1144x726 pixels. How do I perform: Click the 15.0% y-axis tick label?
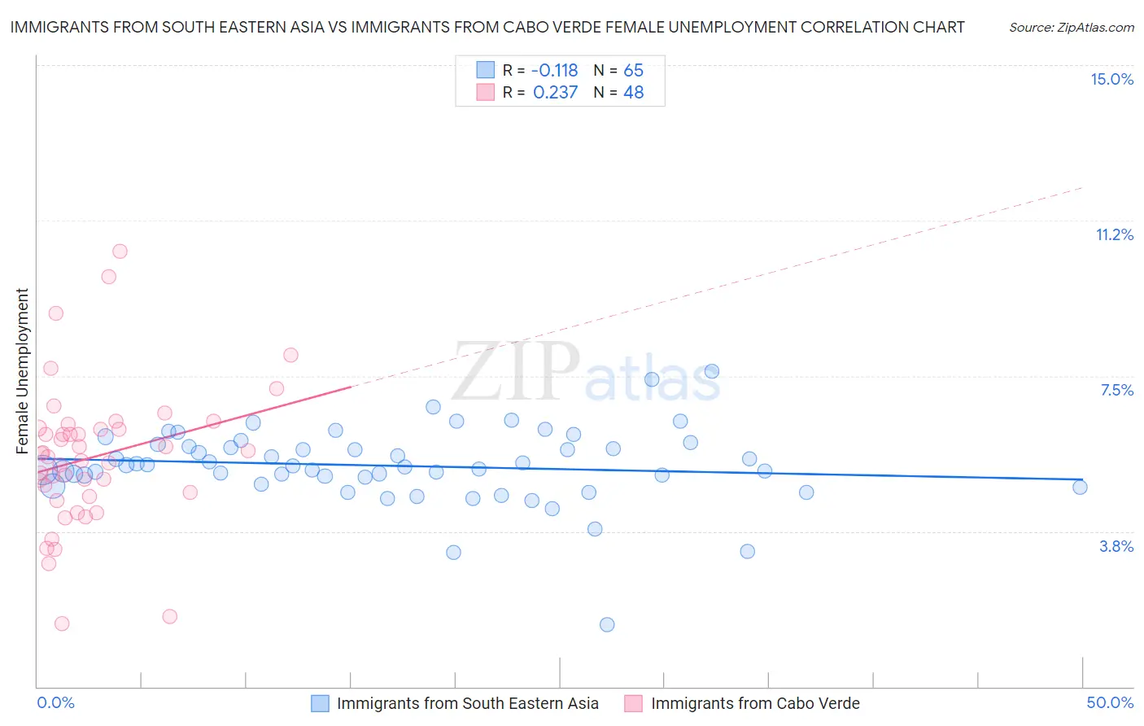tap(1111, 79)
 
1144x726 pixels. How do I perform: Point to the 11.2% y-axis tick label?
tap(1114, 234)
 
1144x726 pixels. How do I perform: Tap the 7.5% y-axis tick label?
tap(1116, 390)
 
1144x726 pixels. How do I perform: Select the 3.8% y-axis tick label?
tap(1116, 546)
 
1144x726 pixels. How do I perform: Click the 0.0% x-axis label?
tap(55, 702)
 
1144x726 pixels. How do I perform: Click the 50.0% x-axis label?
tap(1110, 702)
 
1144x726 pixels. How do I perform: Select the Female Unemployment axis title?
tap(22, 370)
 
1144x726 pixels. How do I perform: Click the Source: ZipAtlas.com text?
tap(1071, 27)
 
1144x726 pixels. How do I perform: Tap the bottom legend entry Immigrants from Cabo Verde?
tap(754, 703)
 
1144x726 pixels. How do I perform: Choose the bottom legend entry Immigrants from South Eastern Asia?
tap(467, 703)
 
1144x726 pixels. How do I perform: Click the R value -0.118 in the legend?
tap(555, 70)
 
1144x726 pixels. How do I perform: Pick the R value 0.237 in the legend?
tap(555, 93)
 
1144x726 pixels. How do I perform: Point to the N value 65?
tap(633, 70)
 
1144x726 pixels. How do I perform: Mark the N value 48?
tap(633, 93)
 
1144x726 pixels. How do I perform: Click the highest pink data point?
tap(120, 251)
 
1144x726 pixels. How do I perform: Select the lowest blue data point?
tap(607, 624)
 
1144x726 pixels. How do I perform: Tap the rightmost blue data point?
tap(1080, 487)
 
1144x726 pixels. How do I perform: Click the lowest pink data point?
tap(62, 623)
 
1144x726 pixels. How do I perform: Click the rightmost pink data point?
tap(290, 355)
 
